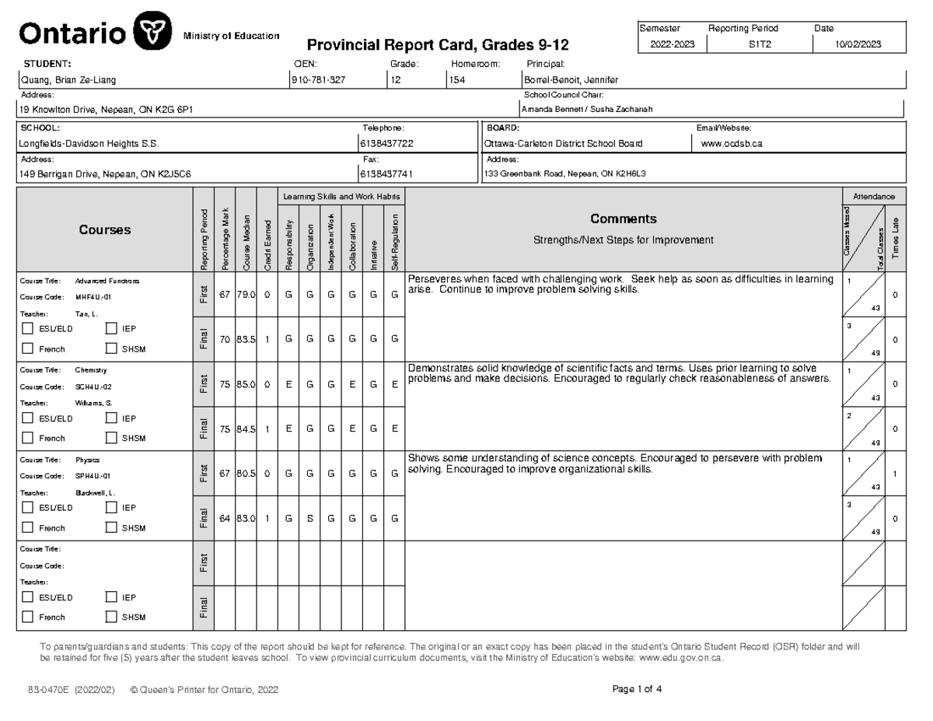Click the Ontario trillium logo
tap(154, 33)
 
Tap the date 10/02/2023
tap(858, 45)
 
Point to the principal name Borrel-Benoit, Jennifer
tap(571, 80)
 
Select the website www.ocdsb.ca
tap(732, 144)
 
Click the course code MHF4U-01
tap(93, 297)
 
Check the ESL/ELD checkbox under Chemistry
tap(28, 418)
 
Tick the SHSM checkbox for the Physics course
tap(110, 527)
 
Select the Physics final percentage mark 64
tap(225, 518)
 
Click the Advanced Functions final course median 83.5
tap(246, 339)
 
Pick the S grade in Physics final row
tap(309, 518)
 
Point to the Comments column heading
tap(623, 219)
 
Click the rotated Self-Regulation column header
tap(395, 241)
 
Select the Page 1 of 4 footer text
tap(638, 689)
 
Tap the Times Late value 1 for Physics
tap(896, 474)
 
